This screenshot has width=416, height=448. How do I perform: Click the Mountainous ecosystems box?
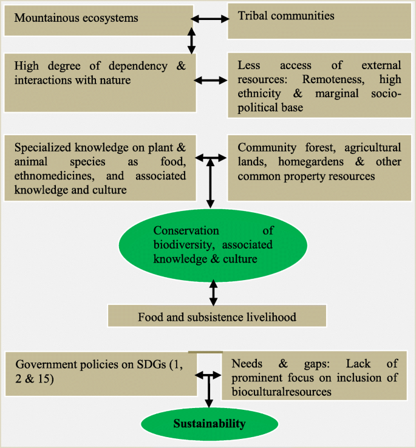pyautogui.click(x=97, y=18)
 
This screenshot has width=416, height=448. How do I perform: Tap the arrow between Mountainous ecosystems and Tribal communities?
pyautogui.click(x=210, y=19)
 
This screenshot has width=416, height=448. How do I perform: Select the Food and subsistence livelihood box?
pyautogui.click(x=217, y=316)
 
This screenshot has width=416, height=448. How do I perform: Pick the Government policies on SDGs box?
pyautogui.click(x=101, y=372)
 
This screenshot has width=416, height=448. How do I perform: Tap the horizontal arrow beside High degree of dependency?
pyautogui.click(x=210, y=79)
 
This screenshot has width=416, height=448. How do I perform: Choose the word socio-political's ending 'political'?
pyautogui.click(x=259, y=107)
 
